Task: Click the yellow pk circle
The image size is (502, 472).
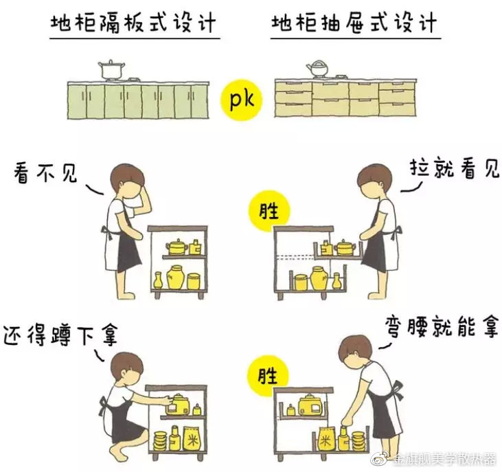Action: coord(242,100)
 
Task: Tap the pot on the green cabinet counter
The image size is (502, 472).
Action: coord(111,70)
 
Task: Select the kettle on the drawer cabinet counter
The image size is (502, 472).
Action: coord(318,69)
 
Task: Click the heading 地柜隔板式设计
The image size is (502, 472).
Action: coord(133,23)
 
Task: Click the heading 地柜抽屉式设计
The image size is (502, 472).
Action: coord(354,23)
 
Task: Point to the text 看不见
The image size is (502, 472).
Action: coord(45,174)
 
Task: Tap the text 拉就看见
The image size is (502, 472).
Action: coord(455,168)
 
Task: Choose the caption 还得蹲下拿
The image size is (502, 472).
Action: coord(61,335)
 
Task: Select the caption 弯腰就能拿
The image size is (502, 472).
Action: coord(442,326)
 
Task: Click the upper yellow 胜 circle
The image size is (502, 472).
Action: coord(269,212)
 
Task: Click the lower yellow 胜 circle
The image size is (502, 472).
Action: coord(269,376)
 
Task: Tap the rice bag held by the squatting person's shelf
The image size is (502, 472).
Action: coord(192,438)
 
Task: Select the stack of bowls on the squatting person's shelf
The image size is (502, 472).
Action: coord(161,440)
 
